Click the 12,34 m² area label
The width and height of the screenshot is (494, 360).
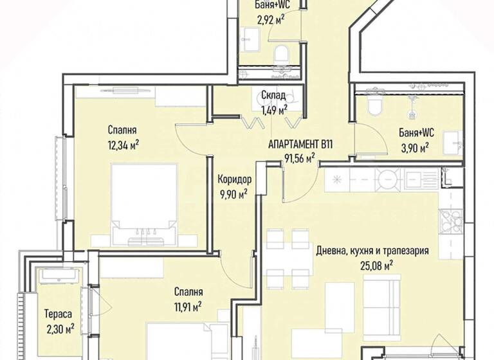point(123,145)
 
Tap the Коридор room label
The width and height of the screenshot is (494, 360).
point(235,179)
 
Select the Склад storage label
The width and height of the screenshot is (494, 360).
point(273,94)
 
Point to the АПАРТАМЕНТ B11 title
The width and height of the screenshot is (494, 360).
point(300,145)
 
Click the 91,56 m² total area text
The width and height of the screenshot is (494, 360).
point(300,158)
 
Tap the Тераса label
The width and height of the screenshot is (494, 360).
point(58,314)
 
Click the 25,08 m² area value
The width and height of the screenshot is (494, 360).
point(376,266)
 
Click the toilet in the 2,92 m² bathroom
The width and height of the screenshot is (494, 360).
point(281,54)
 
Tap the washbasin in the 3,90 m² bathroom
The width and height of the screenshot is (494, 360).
point(453,143)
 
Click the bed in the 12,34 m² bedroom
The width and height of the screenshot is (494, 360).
point(143,204)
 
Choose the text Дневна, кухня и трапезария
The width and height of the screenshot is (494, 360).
point(372,251)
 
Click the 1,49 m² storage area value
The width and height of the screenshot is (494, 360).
point(273,110)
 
